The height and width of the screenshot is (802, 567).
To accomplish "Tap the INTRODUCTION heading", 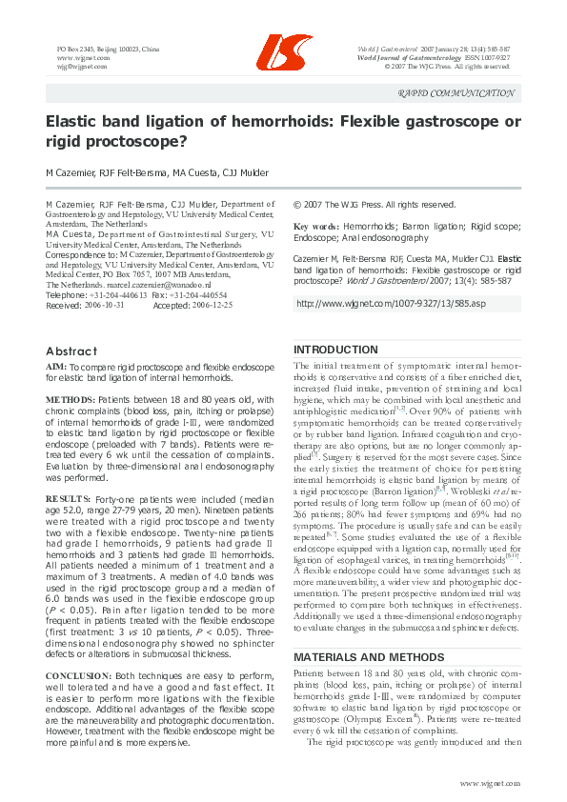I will [336, 350].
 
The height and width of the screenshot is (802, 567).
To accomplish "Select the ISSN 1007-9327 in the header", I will [486, 57].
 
